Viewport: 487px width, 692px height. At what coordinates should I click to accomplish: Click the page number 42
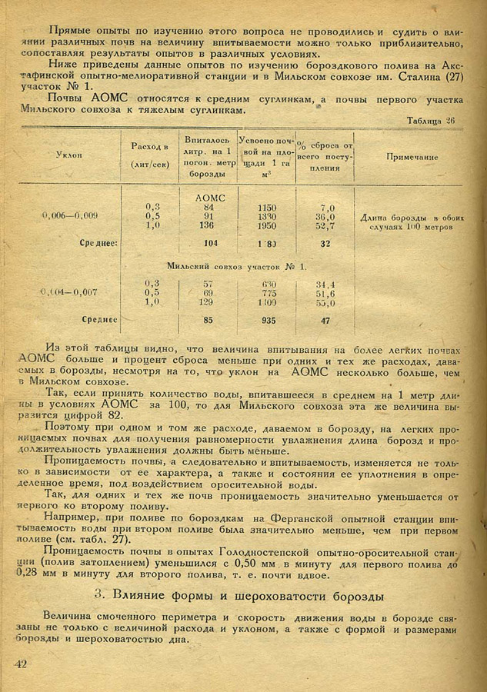pos(21,664)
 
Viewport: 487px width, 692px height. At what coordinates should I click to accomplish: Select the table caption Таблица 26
pos(432,120)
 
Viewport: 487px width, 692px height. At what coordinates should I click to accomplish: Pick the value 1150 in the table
pos(268,208)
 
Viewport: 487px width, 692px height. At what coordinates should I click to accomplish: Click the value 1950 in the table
pos(268,225)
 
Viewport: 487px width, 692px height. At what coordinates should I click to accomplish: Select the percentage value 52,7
pos(327,225)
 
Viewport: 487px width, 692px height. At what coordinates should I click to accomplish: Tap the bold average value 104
pos(205,243)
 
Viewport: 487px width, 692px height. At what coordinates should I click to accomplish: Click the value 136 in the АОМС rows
pos(205,225)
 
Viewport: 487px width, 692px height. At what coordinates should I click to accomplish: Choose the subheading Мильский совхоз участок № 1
pos(236,266)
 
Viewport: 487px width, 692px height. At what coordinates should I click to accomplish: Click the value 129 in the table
pos(205,302)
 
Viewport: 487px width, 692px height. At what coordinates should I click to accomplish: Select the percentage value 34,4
pos(326,284)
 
